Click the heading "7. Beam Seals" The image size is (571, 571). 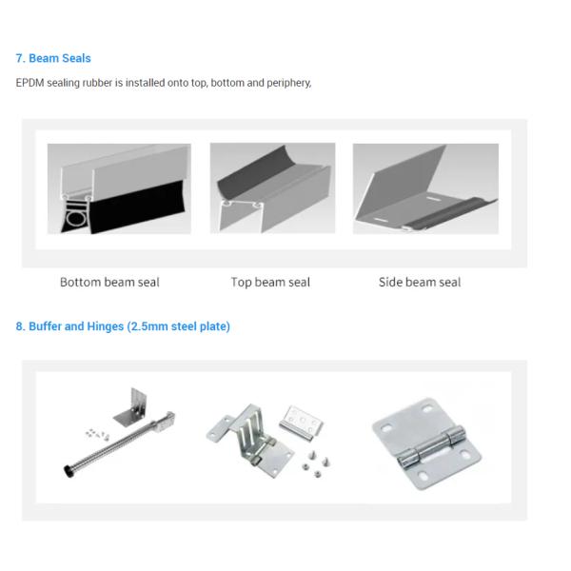point(53,58)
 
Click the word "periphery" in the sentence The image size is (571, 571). point(288,83)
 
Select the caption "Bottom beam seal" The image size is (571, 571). point(109,283)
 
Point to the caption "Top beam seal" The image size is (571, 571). point(270,283)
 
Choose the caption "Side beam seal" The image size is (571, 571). point(420,283)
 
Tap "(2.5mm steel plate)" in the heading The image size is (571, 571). point(179,326)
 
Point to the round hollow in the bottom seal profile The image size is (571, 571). point(76,219)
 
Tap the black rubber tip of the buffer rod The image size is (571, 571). point(68,472)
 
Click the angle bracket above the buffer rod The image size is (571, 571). point(132,407)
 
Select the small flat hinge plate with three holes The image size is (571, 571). point(301,423)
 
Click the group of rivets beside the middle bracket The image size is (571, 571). point(315,464)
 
